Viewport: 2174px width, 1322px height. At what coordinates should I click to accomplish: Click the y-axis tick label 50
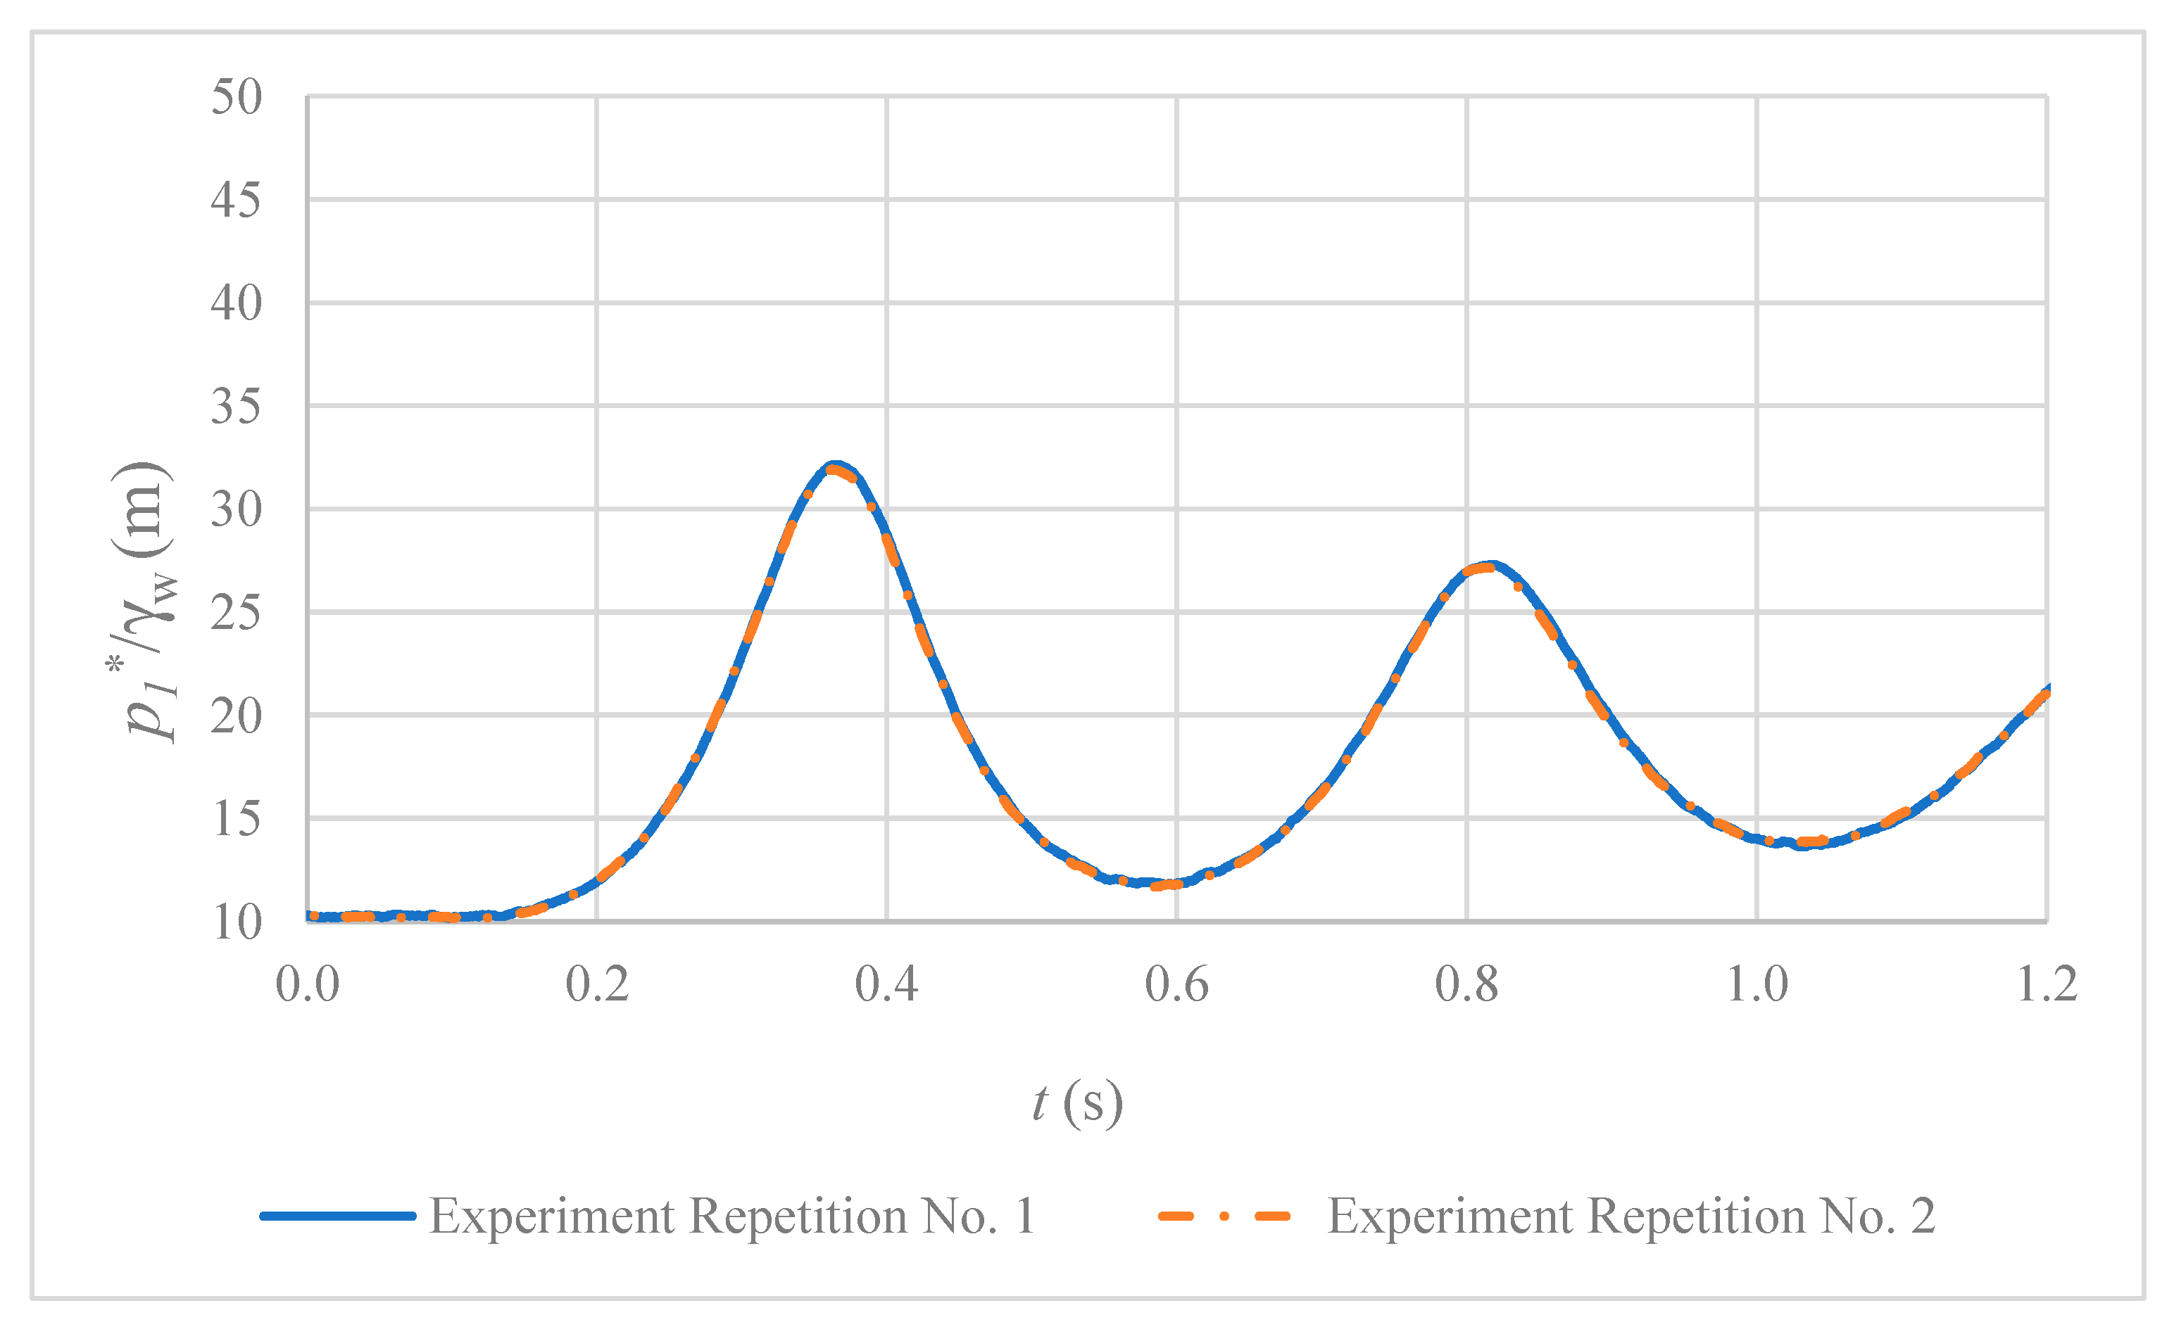[236, 97]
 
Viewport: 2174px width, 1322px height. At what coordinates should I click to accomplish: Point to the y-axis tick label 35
[236, 407]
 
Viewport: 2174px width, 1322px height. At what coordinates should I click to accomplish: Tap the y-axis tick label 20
[236, 716]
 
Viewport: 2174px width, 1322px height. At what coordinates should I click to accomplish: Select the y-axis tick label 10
[237, 922]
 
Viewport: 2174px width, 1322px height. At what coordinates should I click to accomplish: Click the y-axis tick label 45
[236, 201]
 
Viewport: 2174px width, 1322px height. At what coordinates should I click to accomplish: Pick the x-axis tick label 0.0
[307, 984]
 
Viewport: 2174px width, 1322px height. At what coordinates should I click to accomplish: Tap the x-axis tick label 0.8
[1466, 984]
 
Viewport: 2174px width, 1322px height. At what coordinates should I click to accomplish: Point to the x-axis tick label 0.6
[1176, 984]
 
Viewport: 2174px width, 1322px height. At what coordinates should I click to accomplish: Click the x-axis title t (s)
[1077, 1102]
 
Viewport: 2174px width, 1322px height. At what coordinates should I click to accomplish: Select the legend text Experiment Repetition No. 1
[732, 1216]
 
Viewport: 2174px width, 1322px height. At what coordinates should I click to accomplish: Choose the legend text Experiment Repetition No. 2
[1631, 1216]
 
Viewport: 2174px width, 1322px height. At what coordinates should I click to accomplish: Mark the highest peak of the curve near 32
[835, 466]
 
